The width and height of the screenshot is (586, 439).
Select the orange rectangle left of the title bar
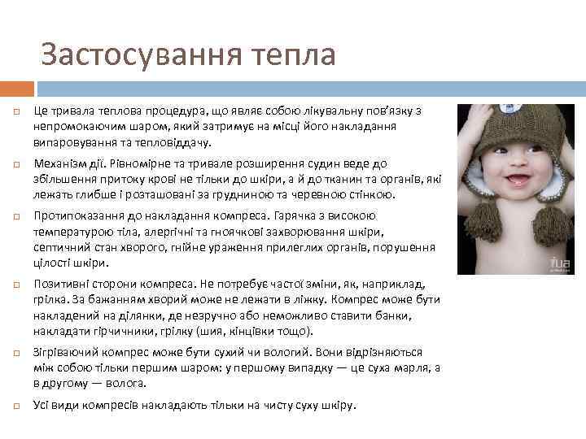pyautogui.click(x=17, y=88)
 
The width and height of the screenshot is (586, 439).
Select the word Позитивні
pyautogui.click(x=62, y=285)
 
